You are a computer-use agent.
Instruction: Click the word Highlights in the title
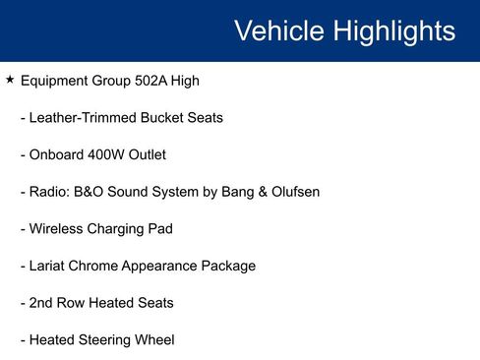[x=394, y=30]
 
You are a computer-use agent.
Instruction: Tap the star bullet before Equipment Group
[x=10, y=80]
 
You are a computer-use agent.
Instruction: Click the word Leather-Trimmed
[x=84, y=118]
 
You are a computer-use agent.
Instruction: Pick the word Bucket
[x=163, y=118]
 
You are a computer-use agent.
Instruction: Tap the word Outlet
[x=146, y=154]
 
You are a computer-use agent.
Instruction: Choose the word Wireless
[x=58, y=229]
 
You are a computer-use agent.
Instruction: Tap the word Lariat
[x=50, y=266]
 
